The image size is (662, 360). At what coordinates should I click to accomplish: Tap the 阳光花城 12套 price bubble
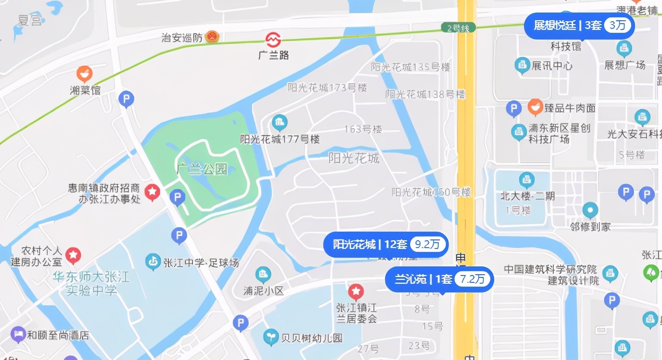tap(386, 245)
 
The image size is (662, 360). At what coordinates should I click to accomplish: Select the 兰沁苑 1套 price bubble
tap(439, 279)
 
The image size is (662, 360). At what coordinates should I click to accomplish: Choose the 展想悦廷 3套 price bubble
tap(579, 26)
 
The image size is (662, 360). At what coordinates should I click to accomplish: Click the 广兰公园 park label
tap(202, 169)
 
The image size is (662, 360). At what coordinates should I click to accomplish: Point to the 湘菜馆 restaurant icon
tap(84, 74)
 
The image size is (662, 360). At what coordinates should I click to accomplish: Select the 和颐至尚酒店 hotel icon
tap(18, 334)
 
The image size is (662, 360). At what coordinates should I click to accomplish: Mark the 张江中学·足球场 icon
tap(153, 262)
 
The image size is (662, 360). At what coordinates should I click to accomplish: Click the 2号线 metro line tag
tap(458, 28)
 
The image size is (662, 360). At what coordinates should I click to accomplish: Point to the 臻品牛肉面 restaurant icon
tap(535, 107)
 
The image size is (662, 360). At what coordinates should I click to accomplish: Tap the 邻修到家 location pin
tap(590, 210)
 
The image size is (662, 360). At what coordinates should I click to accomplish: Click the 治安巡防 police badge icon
tap(212, 37)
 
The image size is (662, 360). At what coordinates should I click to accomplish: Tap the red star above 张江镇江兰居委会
tap(356, 291)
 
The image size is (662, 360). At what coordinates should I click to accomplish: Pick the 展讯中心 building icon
tap(522, 65)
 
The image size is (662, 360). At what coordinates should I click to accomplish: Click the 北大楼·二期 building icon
tap(526, 180)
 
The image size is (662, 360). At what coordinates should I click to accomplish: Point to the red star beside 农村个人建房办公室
tap(73, 255)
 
